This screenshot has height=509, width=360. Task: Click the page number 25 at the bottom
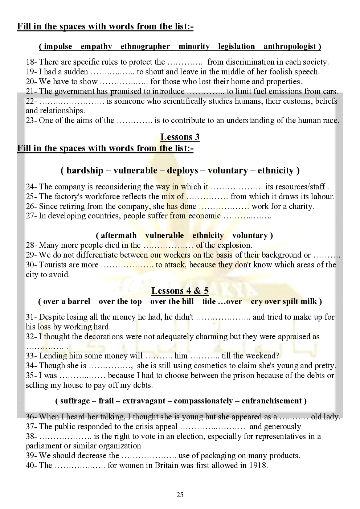point(180,495)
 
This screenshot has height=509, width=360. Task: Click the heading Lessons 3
point(180,137)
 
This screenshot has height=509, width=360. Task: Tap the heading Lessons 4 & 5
point(180,291)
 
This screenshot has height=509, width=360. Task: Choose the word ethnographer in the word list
point(145,46)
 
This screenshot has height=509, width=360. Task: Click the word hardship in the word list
point(85,171)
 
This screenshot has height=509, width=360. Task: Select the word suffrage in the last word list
point(75,401)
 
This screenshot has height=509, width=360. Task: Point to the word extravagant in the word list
point(144,401)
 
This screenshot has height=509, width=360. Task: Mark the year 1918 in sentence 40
point(258,465)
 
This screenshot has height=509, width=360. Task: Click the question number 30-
point(31,265)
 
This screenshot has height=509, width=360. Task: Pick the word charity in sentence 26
point(301,206)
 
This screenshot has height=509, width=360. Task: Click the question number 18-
point(31,62)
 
